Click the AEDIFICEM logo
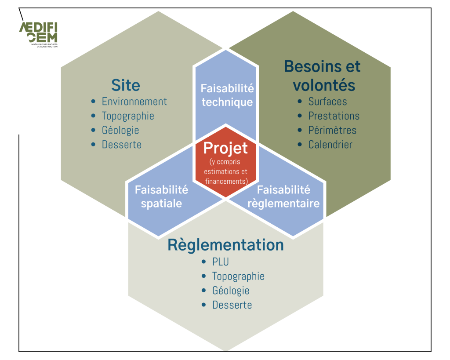(x=39, y=34)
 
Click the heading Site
(x=126, y=85)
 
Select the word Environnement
(x=134, y=102)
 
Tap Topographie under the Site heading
(x=128, y=116)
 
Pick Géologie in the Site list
(x=120, y=131)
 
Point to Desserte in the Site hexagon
(x=122, y=145)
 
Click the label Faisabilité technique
(x=227, y=95)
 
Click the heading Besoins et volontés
(x=323, y=76)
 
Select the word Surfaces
(x=328, y=102)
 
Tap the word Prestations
(x=334, y=116)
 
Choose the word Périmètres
(x=332, y=131)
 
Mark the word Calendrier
(x=330, y=145)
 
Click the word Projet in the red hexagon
(x=225, y=149)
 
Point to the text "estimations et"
(x=225, y=172)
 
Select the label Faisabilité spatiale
(x=162, y=196)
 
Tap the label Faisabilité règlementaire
(x=283, y=196)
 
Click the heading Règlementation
(x=225, y=245)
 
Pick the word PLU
(x=221, y=262)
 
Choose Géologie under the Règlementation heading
(x=231, y=291)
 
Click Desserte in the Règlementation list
(x=232, y=305)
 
